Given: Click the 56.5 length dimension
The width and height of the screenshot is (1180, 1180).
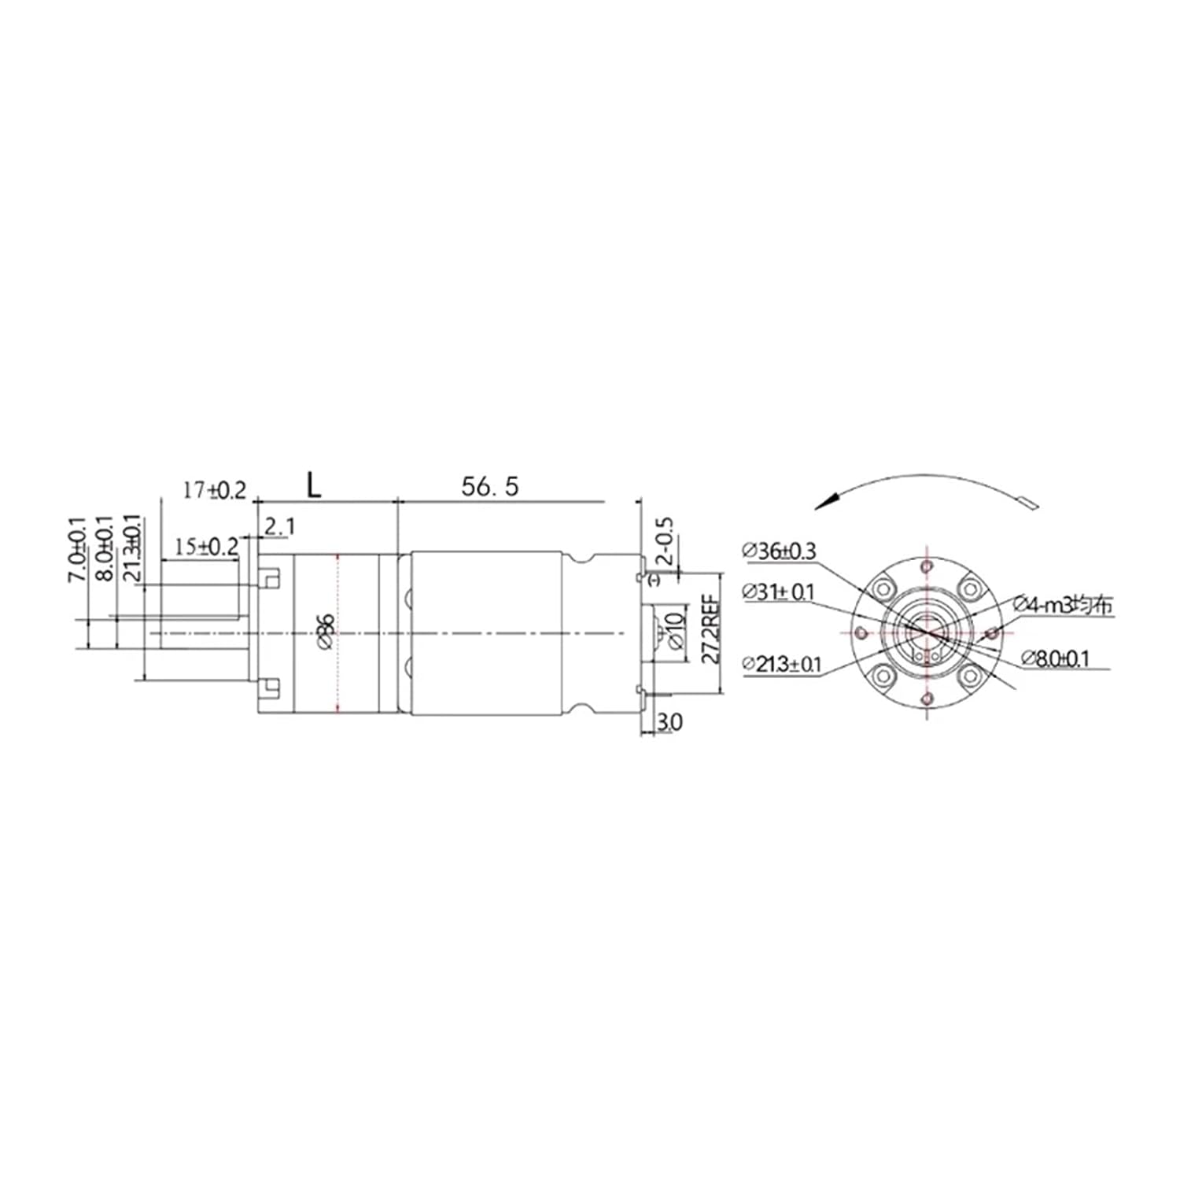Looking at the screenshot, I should point(489,487).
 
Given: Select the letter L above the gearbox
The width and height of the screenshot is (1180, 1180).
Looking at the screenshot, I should point(313,486).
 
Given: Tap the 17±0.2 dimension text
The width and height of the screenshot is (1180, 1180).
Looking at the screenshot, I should point(214,491).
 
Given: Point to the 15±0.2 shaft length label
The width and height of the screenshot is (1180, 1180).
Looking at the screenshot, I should point(206,547).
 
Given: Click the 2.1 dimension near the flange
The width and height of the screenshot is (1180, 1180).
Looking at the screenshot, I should point(278,526).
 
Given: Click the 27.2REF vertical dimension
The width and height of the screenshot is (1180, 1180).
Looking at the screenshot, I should point(710,629).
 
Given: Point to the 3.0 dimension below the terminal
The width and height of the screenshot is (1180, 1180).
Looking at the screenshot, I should point(669,721).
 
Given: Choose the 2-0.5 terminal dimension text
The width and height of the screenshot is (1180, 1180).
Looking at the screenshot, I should point(665,542).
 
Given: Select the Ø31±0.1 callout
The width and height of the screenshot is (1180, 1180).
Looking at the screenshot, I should point(778,592).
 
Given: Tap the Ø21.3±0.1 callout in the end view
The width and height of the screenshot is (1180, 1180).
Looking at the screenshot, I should point(781,665).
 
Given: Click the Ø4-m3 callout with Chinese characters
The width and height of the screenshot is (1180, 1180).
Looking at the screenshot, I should point(1063,605).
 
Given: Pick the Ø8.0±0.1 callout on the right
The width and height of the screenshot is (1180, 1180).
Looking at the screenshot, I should point(1056,658).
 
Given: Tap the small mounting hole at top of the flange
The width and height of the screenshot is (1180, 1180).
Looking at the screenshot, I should point(928,566).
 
